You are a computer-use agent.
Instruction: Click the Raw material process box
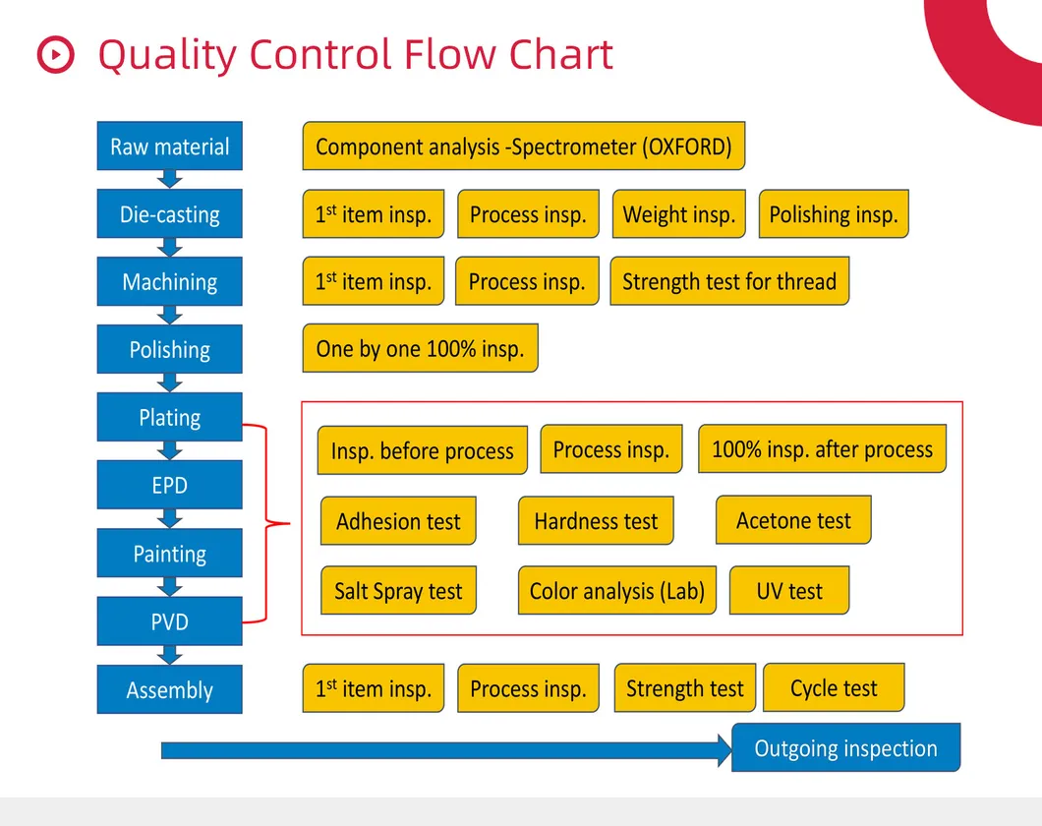point(169,147)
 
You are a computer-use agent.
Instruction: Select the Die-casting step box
point(169,214)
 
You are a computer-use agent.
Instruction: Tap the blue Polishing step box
point(169,350)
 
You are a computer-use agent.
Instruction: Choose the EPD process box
point(169,485)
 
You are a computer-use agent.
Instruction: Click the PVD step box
point(169,621)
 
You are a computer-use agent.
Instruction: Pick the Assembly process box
point(169,689)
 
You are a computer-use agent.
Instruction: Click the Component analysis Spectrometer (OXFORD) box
point(523,147)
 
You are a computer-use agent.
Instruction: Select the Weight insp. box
point(678,214)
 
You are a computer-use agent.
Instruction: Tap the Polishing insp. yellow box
point(834,214)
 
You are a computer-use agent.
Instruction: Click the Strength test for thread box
point(728,281)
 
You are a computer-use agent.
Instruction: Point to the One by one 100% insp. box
point(420,348)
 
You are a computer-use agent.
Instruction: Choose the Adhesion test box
point(398,521)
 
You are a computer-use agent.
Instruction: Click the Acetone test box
point(792,520)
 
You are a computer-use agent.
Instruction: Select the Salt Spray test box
point(398,591)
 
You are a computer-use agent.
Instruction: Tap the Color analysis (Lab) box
point(616,591)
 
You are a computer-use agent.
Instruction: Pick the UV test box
point(788,591)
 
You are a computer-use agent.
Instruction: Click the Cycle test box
point(833,688)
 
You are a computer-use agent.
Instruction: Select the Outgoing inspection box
point(845,748)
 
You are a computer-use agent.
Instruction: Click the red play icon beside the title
point(55,54)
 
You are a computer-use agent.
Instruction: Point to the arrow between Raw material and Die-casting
point(169,179)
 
